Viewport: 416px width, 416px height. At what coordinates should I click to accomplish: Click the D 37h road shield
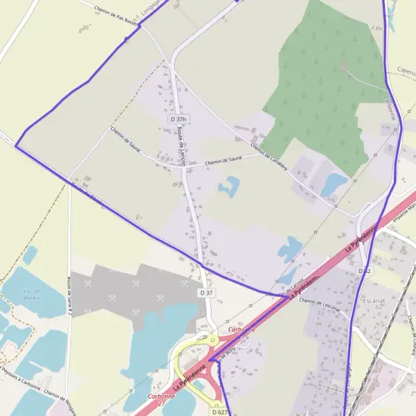tap(179, 119)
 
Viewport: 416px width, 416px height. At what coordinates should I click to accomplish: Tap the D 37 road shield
tap(207, 293)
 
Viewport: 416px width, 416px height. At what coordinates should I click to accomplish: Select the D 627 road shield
tap(219, 412)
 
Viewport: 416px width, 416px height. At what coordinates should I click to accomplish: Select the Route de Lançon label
tap(182, 146)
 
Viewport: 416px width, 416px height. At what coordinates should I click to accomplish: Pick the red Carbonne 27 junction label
tap(161, 400)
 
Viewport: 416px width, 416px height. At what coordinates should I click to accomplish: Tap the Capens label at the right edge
tap(406, 70)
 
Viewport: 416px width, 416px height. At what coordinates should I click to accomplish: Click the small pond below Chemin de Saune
tap(228, 185)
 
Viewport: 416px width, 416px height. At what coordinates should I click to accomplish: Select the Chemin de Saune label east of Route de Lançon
tap(223, 162)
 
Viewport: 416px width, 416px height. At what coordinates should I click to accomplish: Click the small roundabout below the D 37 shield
tap(210, 340)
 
